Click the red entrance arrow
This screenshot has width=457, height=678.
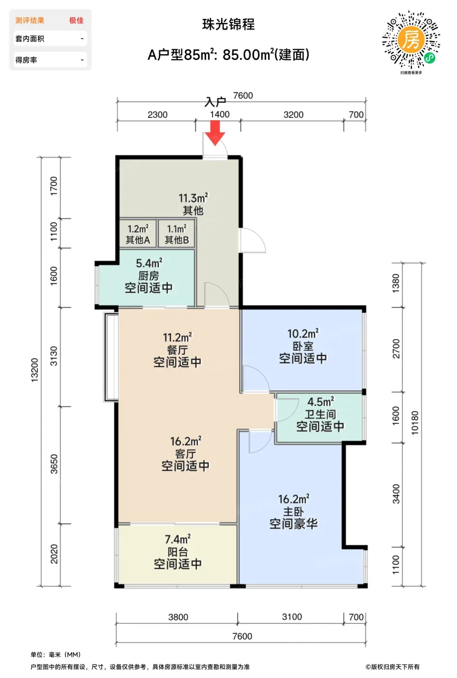[x=215, y=133]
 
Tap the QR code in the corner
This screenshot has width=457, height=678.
[x=411, y=40]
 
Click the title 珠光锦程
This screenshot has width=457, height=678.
[x=228, y=25]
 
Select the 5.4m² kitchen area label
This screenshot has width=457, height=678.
[x=149, y=263]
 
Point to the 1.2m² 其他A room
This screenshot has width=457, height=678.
[x=138, y=233]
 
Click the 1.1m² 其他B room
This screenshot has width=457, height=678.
[x=177, y=233]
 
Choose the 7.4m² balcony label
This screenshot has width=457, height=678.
[x=178, y=539]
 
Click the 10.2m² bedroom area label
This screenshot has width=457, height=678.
[x=303, y=334]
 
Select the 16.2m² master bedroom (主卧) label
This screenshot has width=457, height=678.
[x=293, y=499]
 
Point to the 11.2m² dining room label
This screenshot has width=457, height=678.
[x=177, y=338]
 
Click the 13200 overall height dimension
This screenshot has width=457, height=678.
[x=35, y=370]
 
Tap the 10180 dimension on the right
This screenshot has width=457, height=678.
[x=415, y=423]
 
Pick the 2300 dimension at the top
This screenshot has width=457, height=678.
[x=157, y=115]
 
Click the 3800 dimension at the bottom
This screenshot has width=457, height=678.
[x=178, y=617]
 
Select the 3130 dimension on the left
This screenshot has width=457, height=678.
[x=54, y=356]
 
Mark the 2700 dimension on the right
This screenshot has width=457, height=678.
[x=396, y=349]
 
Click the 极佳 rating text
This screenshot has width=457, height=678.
[x=76, y=20]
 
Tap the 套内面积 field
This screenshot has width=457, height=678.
[x=50, y=39]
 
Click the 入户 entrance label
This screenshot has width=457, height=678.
[x=215, y=102]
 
